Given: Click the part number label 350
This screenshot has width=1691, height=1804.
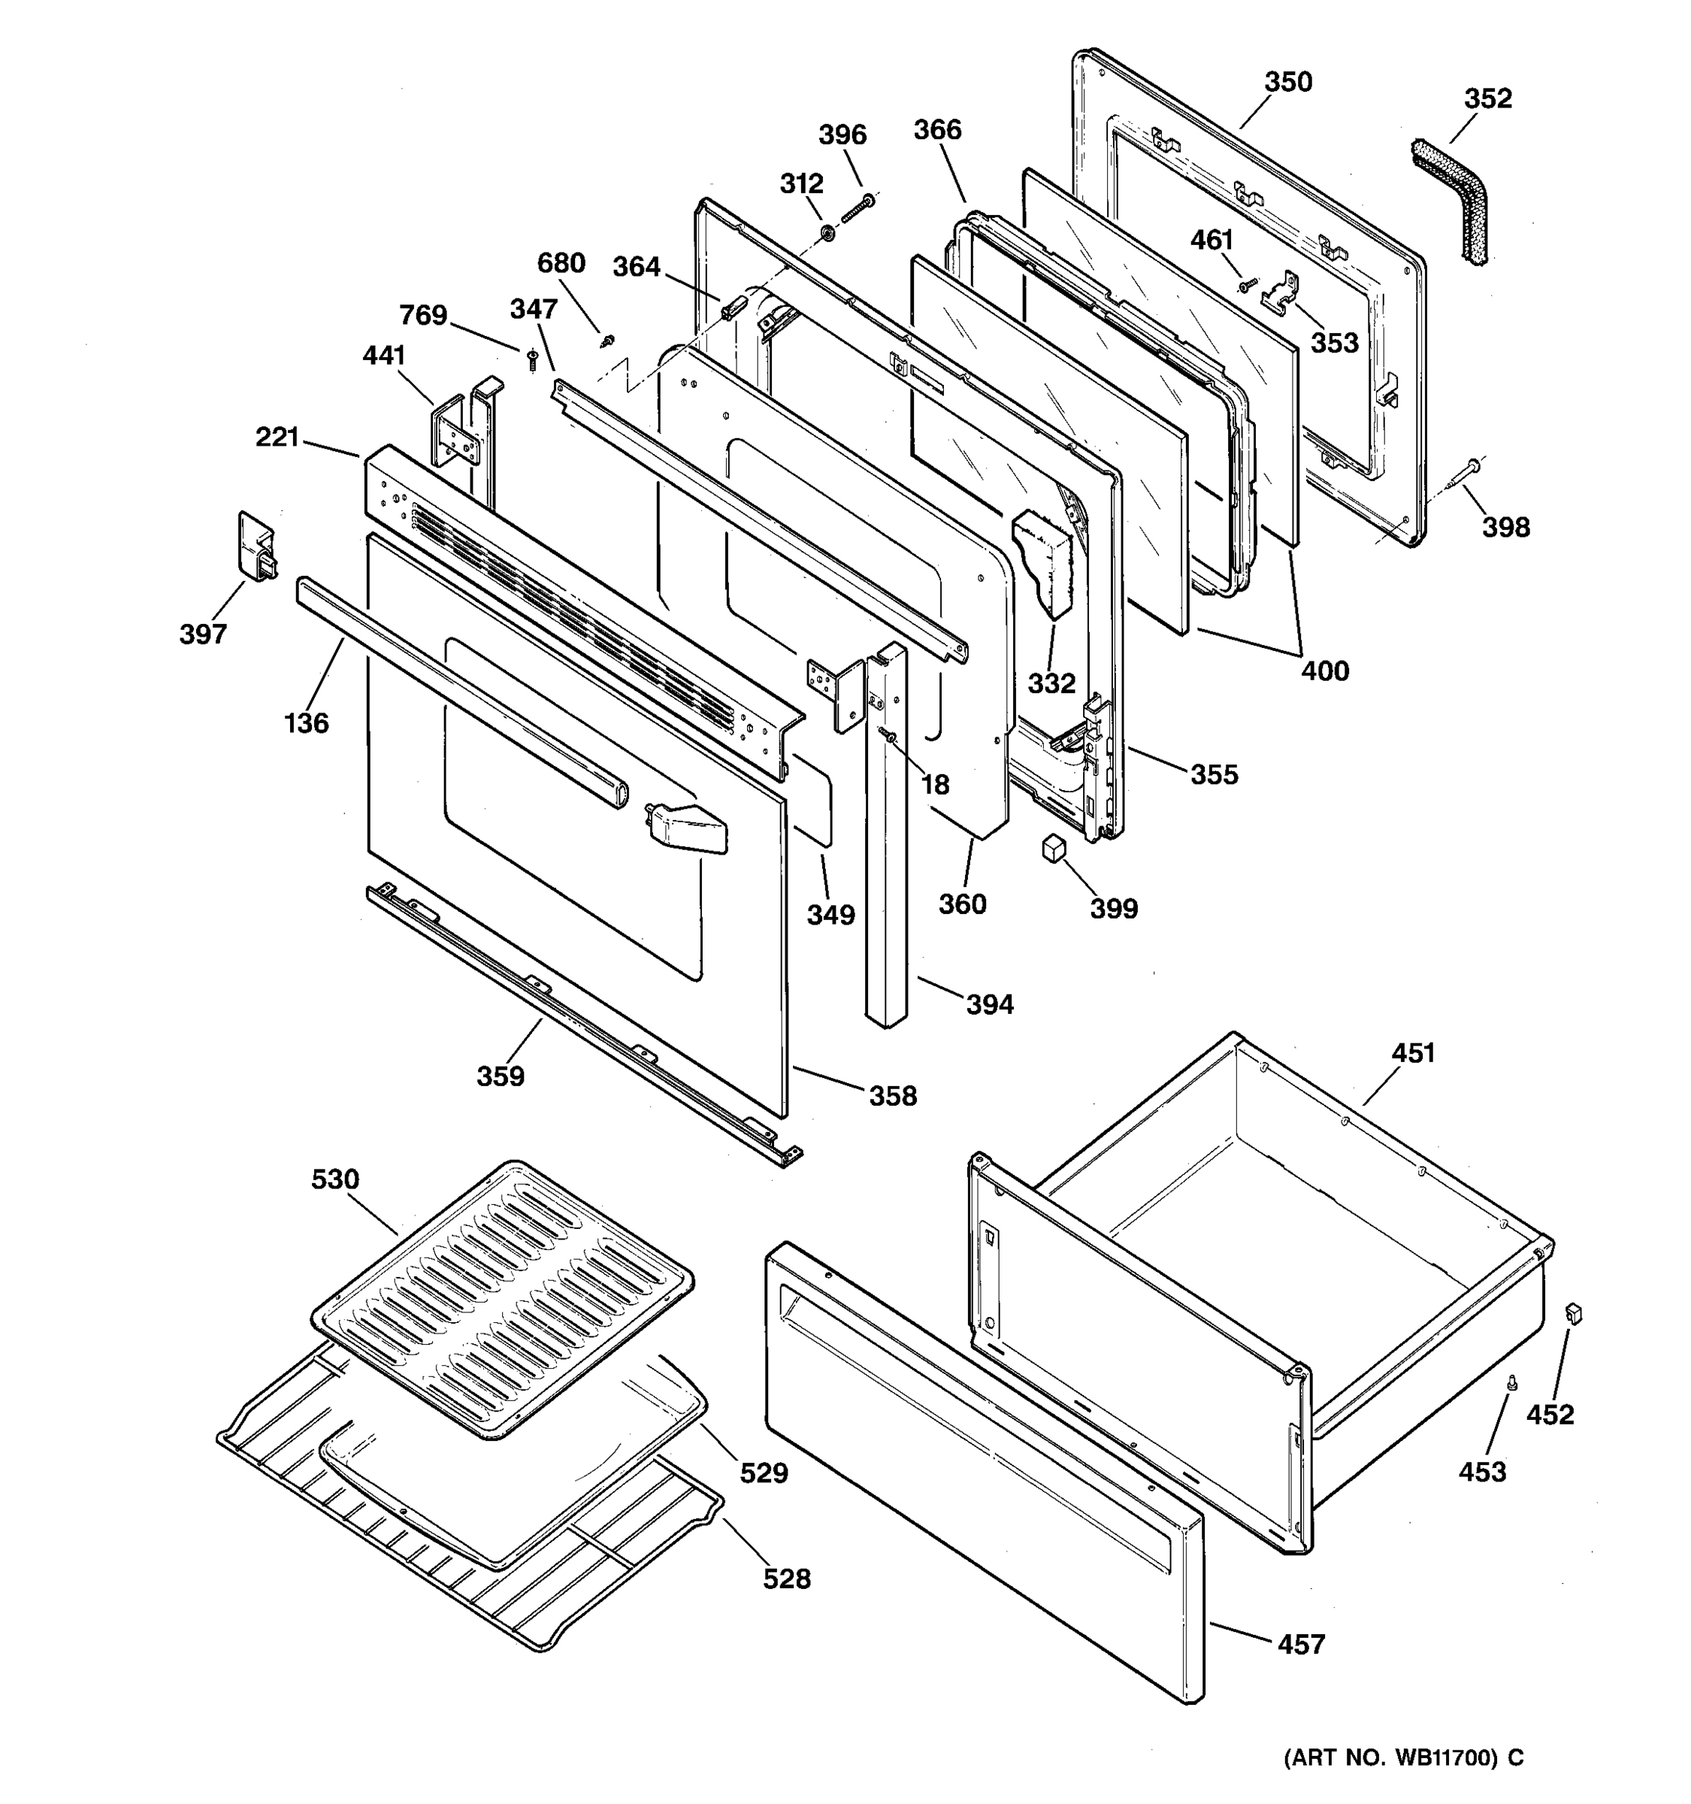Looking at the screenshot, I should pyautogui.click(x=1288, y=83).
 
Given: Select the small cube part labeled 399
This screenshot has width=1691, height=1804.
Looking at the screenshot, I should pyautogui.click(x=1052, y=849).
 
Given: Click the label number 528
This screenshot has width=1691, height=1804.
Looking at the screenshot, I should pyautogui.click(x=785, y=1579).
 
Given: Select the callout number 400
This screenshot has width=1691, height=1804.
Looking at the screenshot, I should pyautogui.click(x=1324, y=671).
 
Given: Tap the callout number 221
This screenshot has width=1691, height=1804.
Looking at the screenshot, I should pyautogui.click(x=277, y=437).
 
